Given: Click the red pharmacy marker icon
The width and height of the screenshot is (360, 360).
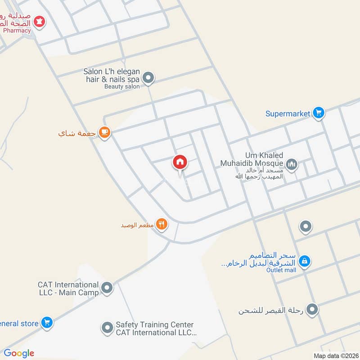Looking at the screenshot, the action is click(40, 21).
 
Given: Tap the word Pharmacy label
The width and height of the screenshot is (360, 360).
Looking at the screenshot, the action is click(17, 31).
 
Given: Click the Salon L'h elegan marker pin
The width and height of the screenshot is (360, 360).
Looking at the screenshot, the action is click(149, 78).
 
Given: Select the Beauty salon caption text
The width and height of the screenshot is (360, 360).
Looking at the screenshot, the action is click(122, 86).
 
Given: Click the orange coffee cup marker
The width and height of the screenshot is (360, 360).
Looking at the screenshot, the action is click(105, 132).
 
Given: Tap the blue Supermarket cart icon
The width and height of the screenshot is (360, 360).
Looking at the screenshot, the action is click(319, 113).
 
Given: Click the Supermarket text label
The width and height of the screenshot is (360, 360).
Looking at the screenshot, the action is click(288, 114).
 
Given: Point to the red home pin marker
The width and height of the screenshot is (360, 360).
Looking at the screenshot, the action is click(180, 162).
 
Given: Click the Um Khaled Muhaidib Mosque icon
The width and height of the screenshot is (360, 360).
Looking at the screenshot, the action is click(292, 165).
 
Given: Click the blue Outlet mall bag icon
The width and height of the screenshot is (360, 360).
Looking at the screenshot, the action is click(305, 261).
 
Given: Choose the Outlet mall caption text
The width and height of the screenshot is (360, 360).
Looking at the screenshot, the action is click(281, 270).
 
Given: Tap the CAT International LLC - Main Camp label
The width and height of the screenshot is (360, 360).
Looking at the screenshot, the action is click(68, 288).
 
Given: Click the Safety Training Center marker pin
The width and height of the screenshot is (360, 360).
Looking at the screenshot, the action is click(107, 328).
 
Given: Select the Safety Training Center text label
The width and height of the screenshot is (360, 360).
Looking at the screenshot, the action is click(155, 328).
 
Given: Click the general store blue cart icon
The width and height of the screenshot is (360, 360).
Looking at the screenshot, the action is click(46, 322).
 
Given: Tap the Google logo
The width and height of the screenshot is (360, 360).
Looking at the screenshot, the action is click(19, 353).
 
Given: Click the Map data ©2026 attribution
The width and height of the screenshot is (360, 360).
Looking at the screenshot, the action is click(335, 355).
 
